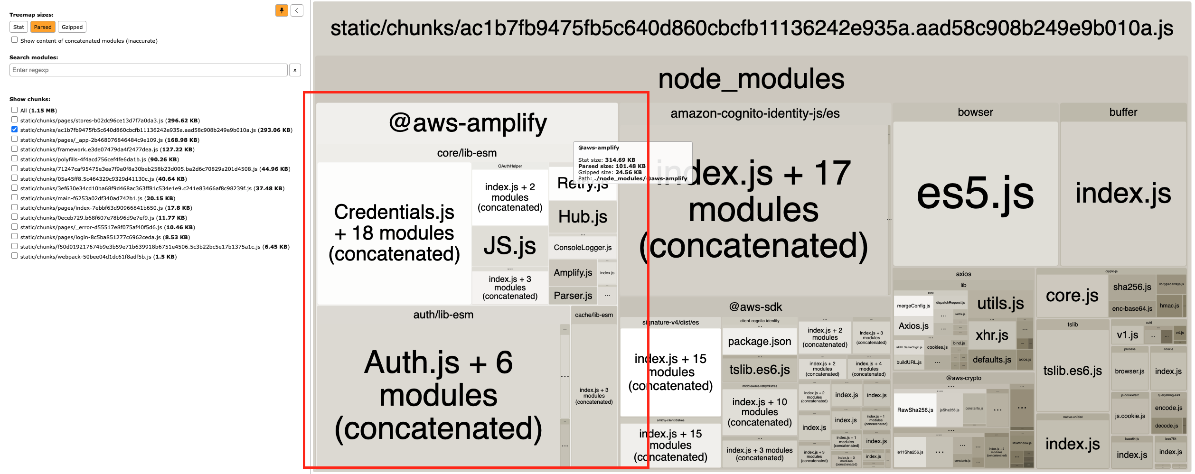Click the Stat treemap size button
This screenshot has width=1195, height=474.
coord(19,27)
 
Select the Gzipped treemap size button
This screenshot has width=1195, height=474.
coord(72,27)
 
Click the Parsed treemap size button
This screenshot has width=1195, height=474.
coord(43,27)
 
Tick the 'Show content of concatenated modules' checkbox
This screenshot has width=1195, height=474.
coord(15,40)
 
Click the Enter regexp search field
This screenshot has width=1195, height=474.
coord(148,70)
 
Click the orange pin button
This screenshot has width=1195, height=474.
coord(282,10)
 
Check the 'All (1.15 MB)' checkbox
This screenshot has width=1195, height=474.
coord(15,110)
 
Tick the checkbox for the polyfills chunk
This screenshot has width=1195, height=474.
coord(15,159)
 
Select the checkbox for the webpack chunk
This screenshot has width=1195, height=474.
coord(15,256)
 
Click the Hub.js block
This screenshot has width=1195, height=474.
coord(583,217)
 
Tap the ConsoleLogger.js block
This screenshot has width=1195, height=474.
coord(583,247)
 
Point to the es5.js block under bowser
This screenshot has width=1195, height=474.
coord(975,194)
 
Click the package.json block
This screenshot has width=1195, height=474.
coord(759,342)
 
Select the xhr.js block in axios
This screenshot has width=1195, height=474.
coord(992,335)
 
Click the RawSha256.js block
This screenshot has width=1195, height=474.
coord(915,410)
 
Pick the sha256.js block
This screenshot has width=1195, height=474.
coord(1132,287)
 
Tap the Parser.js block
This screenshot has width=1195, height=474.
coord(573,296)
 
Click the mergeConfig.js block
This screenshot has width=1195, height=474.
coord(913,306)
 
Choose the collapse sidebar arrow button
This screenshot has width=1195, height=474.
coord(297,10)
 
